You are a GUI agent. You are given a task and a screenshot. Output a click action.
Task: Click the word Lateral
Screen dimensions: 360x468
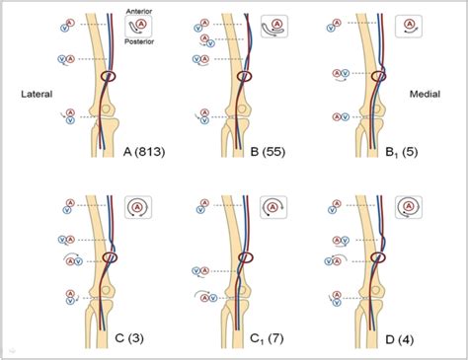pyautogui.click(x=35, y=95)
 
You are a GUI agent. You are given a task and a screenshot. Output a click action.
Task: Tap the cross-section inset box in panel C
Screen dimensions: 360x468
pyautogui.click(x=139, y=208)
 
